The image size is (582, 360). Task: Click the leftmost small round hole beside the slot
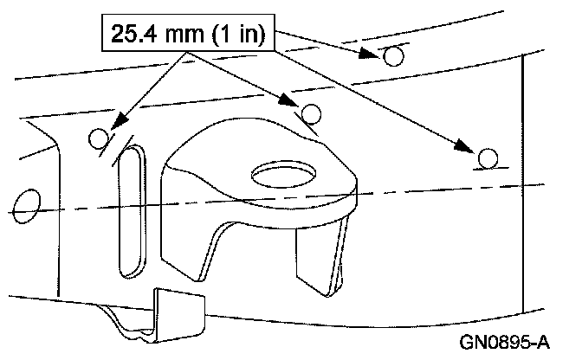(x=100, y=138)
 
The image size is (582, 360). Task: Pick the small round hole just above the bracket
(x=312, y=113)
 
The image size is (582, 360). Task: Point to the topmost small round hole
(x=393, y=57)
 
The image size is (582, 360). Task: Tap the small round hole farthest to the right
(x=488, y=158)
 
